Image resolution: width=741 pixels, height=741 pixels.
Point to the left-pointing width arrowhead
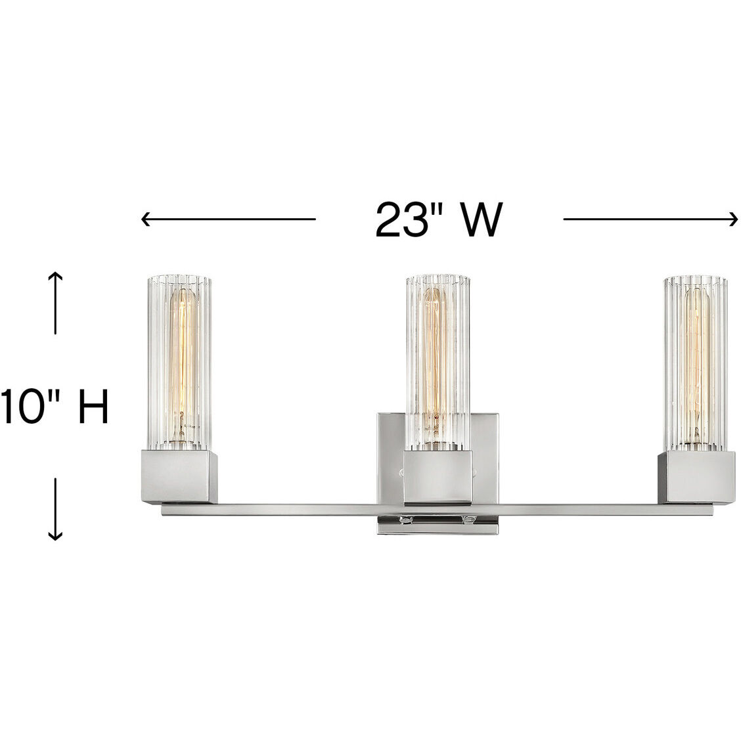click(x=145, y=219)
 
